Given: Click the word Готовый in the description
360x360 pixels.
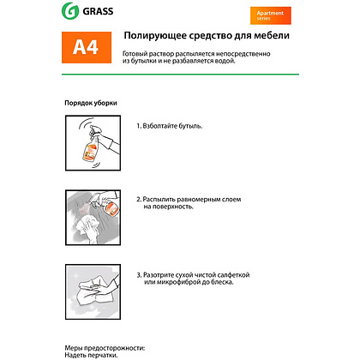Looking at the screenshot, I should click(140, 53).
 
